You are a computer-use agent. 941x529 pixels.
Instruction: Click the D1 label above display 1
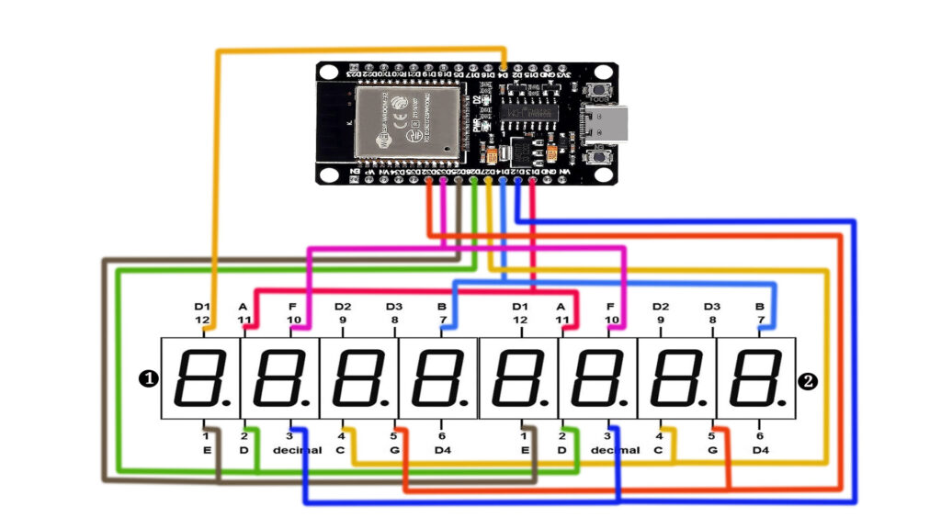pyautogui.click(x=202, y=306)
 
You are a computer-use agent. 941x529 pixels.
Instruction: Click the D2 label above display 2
pyautogui.click(x=661, y=306)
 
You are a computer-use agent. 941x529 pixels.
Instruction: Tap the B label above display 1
pyautogui.click(x=442, y=306)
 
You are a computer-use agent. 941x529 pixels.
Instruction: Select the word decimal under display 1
pyautogui.click(x=297, y=450)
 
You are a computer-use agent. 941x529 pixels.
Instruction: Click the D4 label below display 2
pyautogui.click(x=760, y=450)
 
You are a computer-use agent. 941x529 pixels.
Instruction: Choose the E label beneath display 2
pyautogui.click(x=525, y=450)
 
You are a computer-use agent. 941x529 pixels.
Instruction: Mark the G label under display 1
pyautogui.click(x=394, y=450)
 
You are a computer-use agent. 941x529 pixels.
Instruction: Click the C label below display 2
pyautogui.click(x=658, y=450)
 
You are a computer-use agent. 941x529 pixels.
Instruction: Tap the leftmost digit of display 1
pyautogui.click(x=200, y=378)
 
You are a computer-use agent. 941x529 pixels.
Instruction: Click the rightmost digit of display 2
pyautogui.click(x=756, y=378)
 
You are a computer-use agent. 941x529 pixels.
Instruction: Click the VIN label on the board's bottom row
pyautogui.click(x=564, y=173)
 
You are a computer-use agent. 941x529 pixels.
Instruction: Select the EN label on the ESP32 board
pyautogui.click(x=355, y=173)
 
